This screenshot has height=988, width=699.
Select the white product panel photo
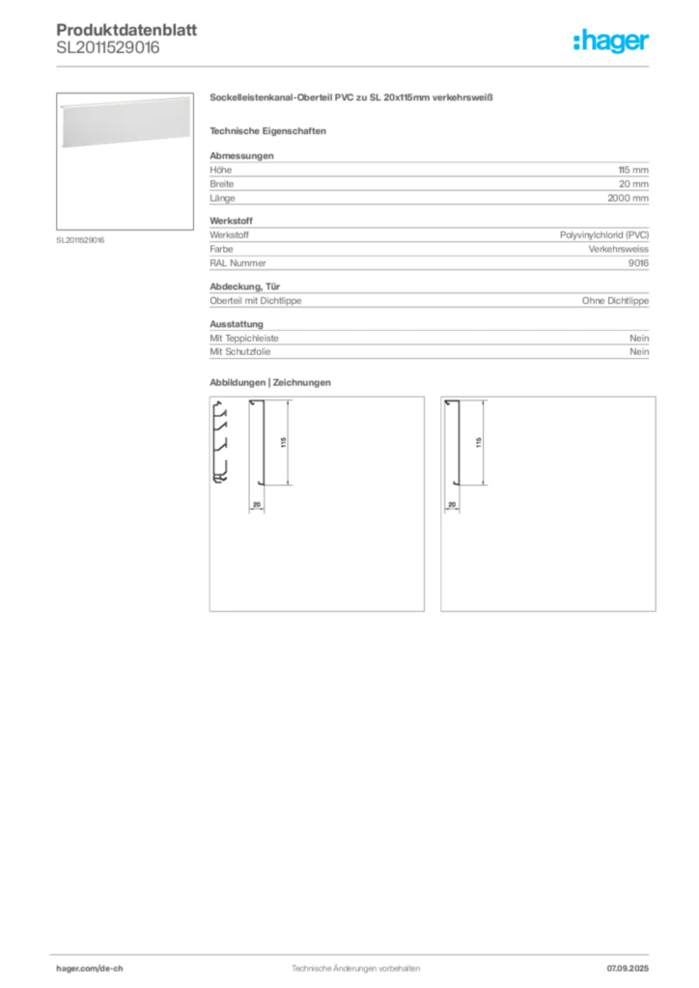click(119, 123)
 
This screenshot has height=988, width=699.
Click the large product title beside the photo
click(351, 97)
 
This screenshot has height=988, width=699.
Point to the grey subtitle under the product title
click(270, 130)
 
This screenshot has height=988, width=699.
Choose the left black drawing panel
click(317, 506)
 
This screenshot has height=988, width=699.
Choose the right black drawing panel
click(548, 506)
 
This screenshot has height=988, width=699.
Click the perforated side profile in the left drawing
click(221, 442)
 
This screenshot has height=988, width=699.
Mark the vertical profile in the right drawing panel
click(450, 453)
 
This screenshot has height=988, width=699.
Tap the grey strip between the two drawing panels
click(433, 506)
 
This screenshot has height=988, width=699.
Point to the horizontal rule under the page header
click(354, 66)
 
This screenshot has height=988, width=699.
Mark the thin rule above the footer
click(354, 950)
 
